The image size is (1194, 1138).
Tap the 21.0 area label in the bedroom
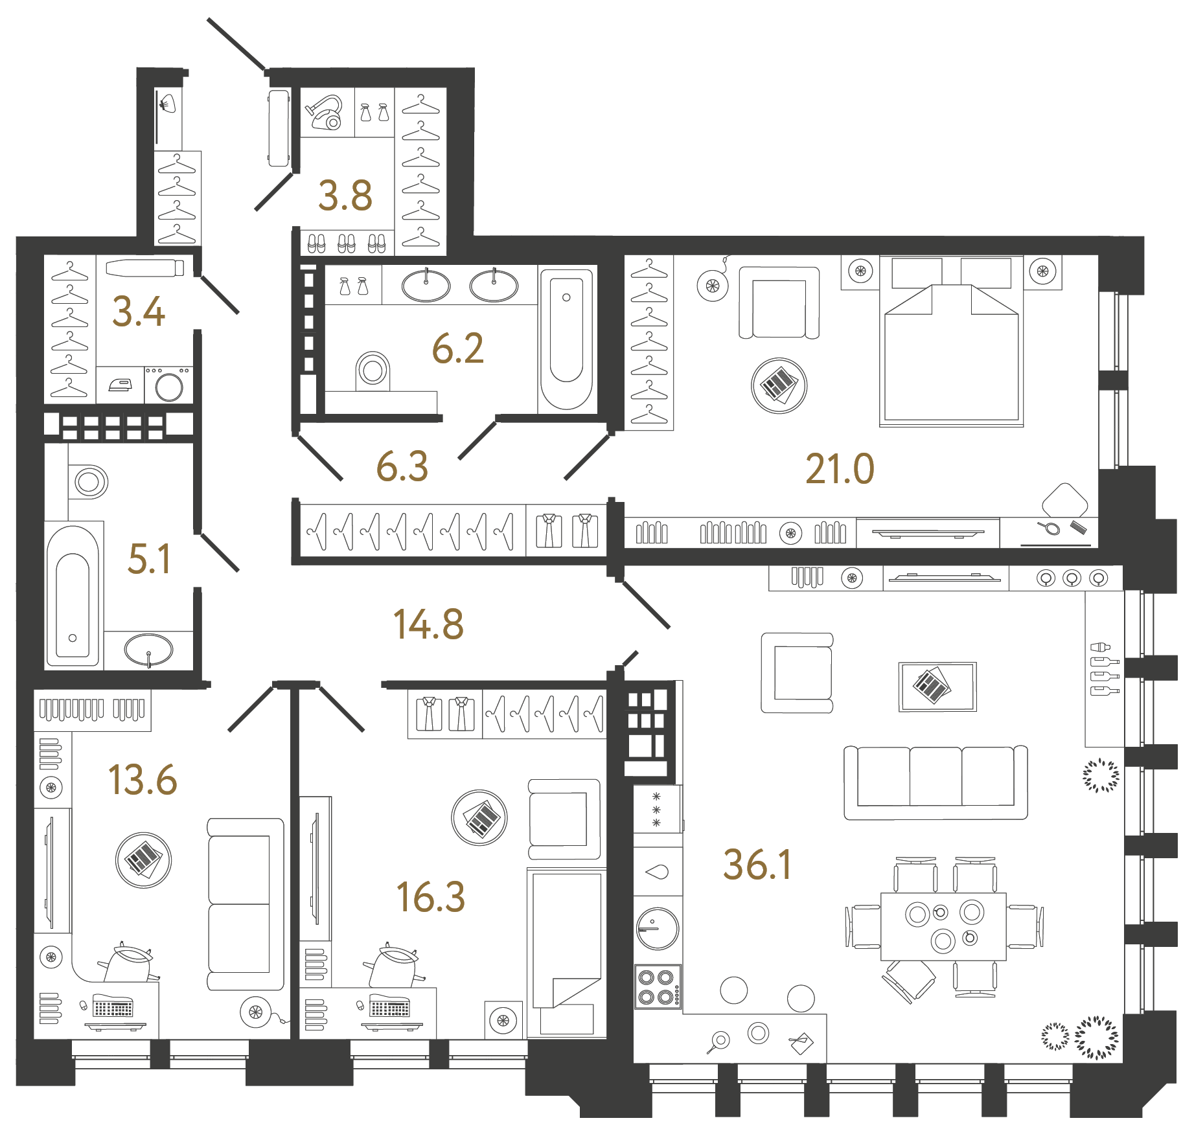840,469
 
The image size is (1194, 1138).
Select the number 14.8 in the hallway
428,625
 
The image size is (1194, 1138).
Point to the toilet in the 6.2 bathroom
373,370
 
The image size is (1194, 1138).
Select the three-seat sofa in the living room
936,782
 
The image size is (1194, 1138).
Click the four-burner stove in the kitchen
657,987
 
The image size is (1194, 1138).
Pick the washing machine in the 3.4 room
169,386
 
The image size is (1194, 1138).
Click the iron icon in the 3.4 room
121,385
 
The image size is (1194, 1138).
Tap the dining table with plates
943,926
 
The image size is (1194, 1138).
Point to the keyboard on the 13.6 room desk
113,1007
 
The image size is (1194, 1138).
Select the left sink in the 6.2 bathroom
426,286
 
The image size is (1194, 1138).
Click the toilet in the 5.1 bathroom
89,481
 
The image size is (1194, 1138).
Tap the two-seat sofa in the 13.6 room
245,904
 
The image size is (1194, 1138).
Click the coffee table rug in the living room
937,687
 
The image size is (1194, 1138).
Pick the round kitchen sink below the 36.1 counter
658,928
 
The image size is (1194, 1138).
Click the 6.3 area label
402,467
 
